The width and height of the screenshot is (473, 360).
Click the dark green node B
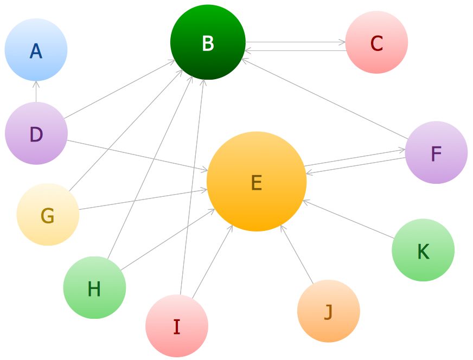click(x=208, y=42)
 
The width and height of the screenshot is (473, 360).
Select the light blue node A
click(x=36, y=50)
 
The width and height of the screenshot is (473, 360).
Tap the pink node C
click(x=376, y=42)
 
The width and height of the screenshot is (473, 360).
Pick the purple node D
click(x=36, y=133)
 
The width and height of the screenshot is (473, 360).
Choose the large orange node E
click(x=257, y=182)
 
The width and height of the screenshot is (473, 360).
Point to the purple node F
click(x=436, y=152)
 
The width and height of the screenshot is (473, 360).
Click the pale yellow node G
click(x=48, y=214)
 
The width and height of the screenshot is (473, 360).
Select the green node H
click(x=94, y=288)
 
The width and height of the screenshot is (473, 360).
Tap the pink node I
click(x=177, y=326)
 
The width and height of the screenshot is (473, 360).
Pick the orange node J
click(x=329, y=311)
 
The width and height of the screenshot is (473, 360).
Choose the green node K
click(x=423, y=250)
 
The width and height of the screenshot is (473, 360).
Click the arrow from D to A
click(x=36, y=92)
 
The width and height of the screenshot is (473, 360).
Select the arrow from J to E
click(x=297, y=254)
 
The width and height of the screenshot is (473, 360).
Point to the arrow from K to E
click(x=348, y=219)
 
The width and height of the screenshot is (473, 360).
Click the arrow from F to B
click(x=325, y=99)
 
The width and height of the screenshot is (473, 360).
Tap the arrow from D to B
click(x=120, y=89)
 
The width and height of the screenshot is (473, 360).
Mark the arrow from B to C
click(x=296, y=42)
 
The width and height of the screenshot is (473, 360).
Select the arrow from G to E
click(x=143, y=200)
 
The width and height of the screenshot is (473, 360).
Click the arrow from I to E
click(x=213, y=262)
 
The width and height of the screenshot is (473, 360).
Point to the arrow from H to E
click(x=168, y=240)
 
